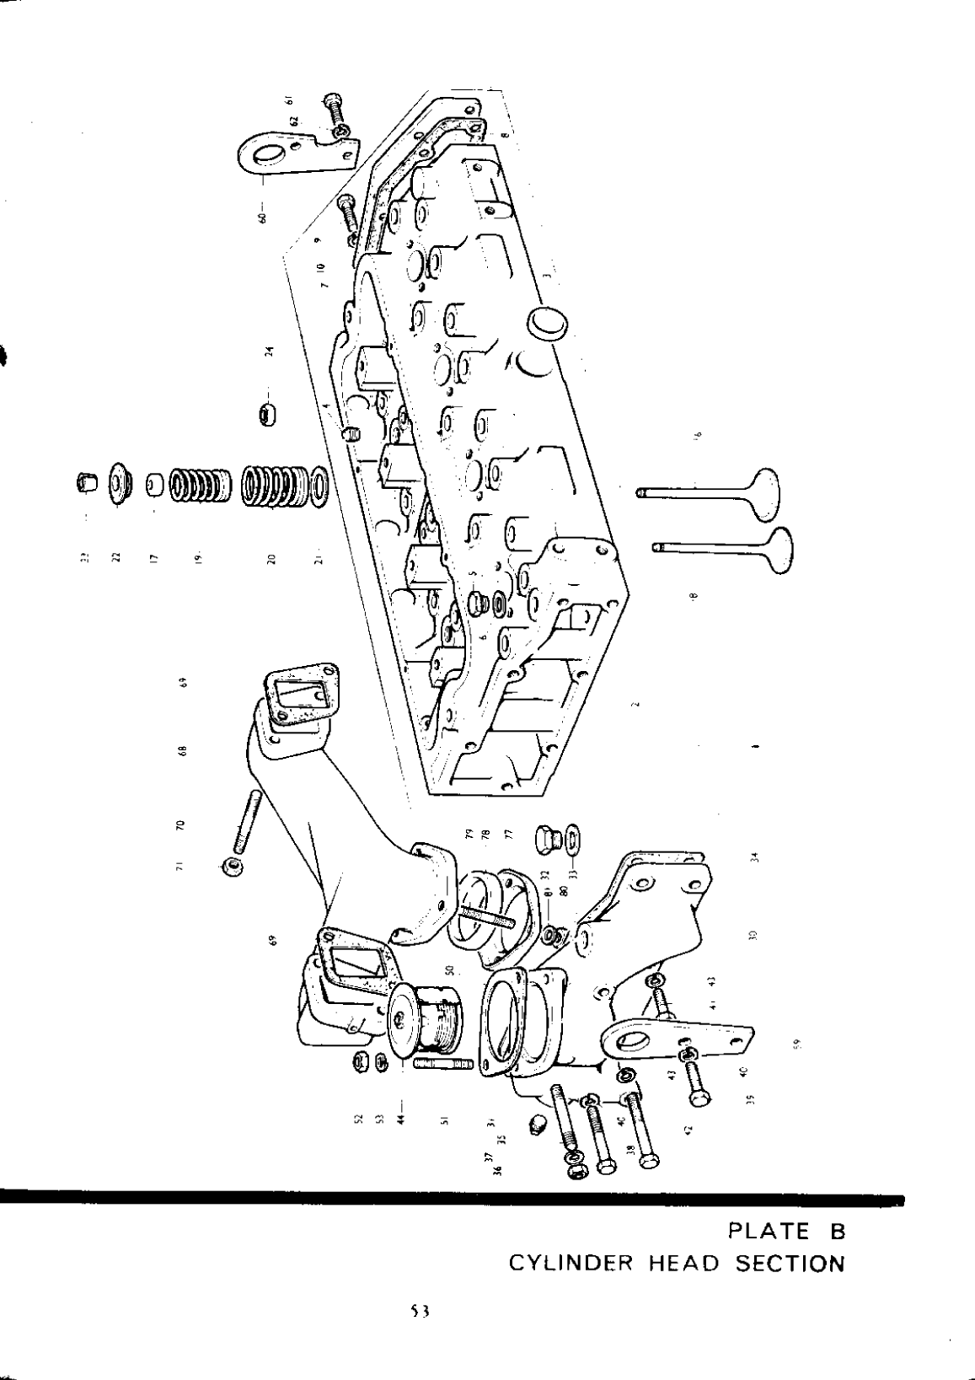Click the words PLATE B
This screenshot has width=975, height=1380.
(785, 1232)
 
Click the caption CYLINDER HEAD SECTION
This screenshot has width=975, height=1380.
(676, 1264)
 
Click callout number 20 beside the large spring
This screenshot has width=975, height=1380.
(271, 560)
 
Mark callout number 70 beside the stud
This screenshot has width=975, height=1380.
(179, 824)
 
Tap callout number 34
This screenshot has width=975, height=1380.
(755, 857)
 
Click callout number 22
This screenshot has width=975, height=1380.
(117, 554)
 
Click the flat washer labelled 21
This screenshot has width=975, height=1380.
(319, 486)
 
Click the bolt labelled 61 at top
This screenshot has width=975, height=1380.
(332, 110)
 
